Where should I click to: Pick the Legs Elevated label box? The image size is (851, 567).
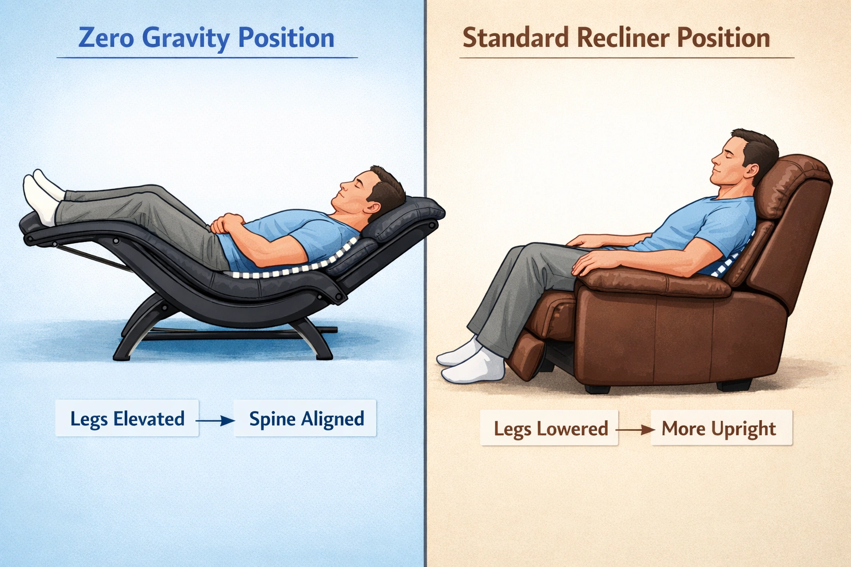pos(127,419)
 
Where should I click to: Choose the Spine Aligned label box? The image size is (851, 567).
pos(306,419)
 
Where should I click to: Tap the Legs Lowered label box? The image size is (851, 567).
pos(550,429)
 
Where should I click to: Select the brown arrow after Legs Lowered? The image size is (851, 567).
pos(634,429)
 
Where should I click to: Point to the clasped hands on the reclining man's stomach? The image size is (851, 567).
pos(227,224)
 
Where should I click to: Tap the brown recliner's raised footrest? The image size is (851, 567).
pos(526,354)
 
